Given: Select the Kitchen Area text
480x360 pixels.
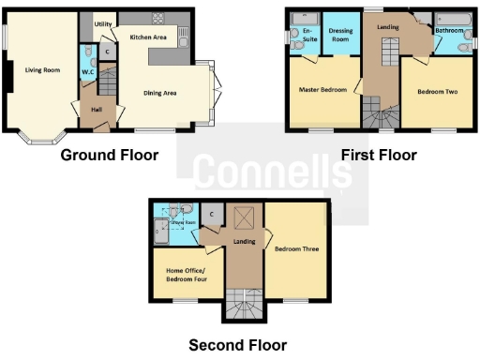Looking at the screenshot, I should tap(148, 37).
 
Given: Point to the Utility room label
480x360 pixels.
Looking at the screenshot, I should tap(103, 24).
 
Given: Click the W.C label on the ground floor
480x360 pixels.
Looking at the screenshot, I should tap(88, 71).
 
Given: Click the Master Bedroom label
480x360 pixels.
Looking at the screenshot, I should tap(323, 90).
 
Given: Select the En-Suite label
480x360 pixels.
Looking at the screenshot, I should tap(307, 35).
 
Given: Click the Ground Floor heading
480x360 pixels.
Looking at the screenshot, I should tap(109, 155).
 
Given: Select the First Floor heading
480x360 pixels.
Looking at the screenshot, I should tap(379, 155).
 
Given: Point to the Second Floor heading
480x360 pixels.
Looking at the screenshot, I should tap(238, 345).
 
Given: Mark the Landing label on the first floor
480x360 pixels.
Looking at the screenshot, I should tap(387, 27).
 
